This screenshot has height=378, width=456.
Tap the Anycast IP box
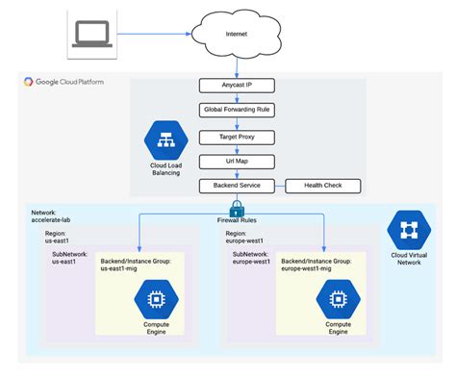pyautogui.click(x=235, y=86)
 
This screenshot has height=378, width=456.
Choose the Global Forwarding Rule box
pyautogui.click(x=235, y=110)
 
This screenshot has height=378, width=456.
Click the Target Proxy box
pyautogui.click(x=235, y=135)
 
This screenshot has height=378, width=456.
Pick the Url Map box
pyautogui.click(x=235, y=160)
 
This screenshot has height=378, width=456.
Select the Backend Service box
pyautogui.click(x=235, y=185)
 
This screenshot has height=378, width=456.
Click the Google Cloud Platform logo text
pyautogui.click(x=64, y=82)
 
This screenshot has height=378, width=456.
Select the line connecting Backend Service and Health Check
pyautogui.click(x=279, y=185)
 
